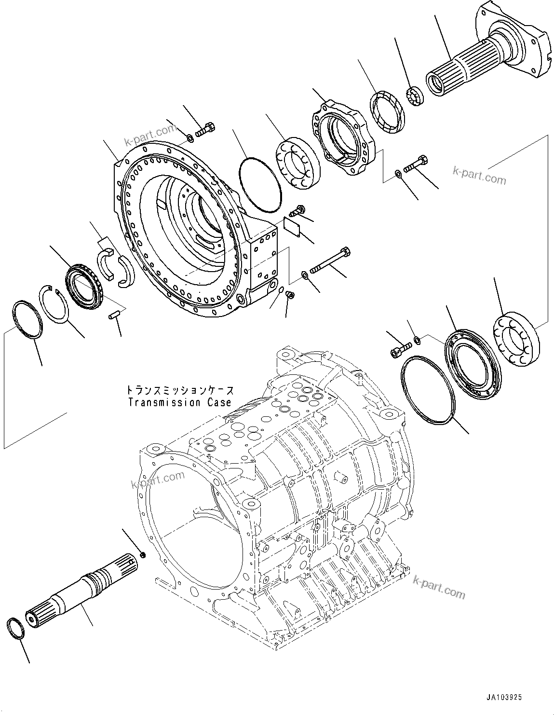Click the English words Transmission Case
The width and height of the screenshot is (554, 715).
point(179,402)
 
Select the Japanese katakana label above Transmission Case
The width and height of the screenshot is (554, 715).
point(179,389)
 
